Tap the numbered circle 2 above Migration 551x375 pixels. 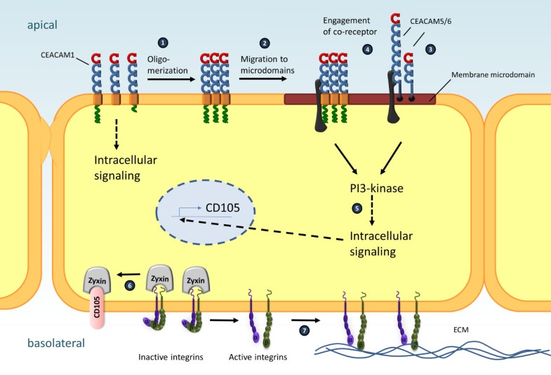click(265, 43)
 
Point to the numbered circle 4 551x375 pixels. click(367, 50)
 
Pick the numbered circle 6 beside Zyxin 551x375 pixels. click(128, 285)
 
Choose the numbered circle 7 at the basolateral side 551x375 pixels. click(303, 329)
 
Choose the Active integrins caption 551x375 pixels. click(257, 357)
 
